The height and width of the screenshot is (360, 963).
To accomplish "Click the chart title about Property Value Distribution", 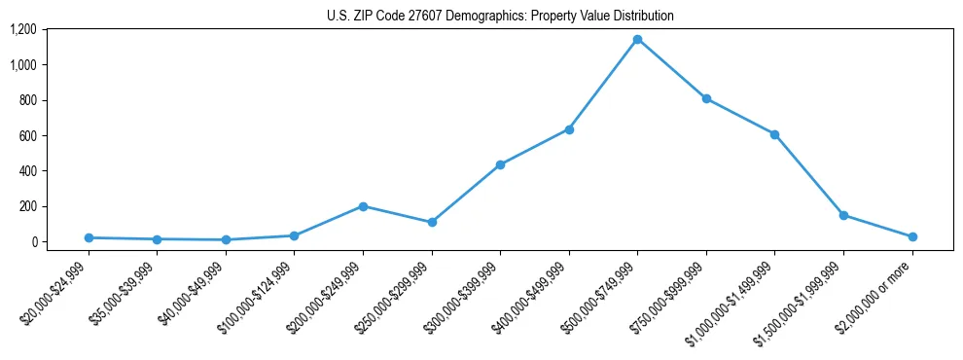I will click(x=500, y=17).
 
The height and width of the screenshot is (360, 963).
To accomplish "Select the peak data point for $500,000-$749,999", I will click(x=637, y=40).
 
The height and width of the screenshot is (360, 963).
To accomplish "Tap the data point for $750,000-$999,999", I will click(x=706, y=98).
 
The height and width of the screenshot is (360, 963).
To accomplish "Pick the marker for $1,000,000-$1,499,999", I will click(x=774, y=134).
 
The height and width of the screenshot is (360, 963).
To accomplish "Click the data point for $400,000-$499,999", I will click(x=569, y=129).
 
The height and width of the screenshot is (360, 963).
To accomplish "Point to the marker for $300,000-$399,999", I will click(x=500, y=164).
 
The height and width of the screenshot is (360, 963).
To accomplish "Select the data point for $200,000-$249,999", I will click(x=363, y=206).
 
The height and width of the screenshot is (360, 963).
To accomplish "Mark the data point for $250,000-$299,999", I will click(x=432, y=222).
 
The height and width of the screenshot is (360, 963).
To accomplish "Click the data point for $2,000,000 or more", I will click(x=912, y=236).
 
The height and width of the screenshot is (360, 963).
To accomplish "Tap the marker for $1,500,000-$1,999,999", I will click(x=843, y=215).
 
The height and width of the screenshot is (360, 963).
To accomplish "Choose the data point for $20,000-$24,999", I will click(x=89, y=237).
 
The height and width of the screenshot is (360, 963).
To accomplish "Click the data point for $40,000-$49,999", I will click(x=226, y=239).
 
